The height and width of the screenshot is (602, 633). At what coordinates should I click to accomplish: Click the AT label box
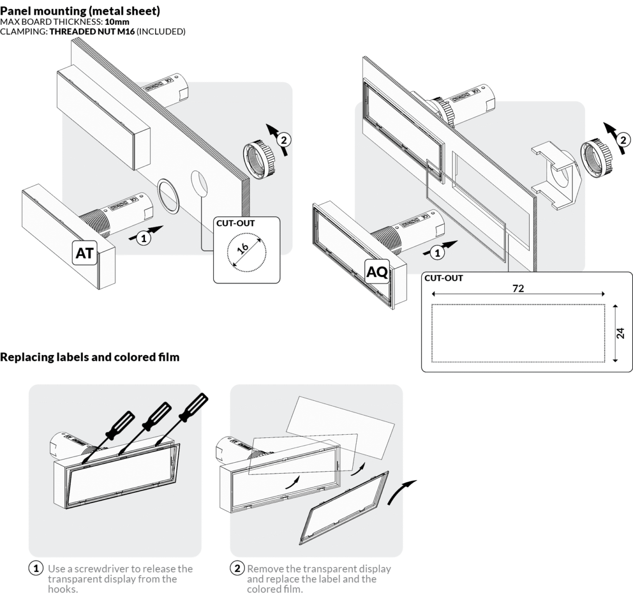84,253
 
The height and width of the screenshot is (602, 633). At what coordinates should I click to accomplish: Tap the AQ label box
377,272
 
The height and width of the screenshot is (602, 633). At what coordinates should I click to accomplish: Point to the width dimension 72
518,289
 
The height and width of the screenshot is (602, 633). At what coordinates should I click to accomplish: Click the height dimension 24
620,333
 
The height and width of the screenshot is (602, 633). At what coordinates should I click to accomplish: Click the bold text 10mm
117,22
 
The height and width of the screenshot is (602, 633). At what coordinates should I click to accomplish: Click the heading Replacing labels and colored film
90,357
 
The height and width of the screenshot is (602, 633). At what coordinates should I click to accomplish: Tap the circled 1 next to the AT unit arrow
143,238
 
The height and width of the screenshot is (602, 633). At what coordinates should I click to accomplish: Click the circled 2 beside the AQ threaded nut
623,140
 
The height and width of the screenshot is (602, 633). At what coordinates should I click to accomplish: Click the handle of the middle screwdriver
159,413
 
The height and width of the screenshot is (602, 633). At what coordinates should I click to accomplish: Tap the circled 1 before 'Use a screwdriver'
36,568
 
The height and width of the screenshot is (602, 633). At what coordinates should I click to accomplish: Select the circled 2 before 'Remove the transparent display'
237,568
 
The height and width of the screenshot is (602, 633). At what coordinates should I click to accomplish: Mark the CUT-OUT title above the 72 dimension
444,278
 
